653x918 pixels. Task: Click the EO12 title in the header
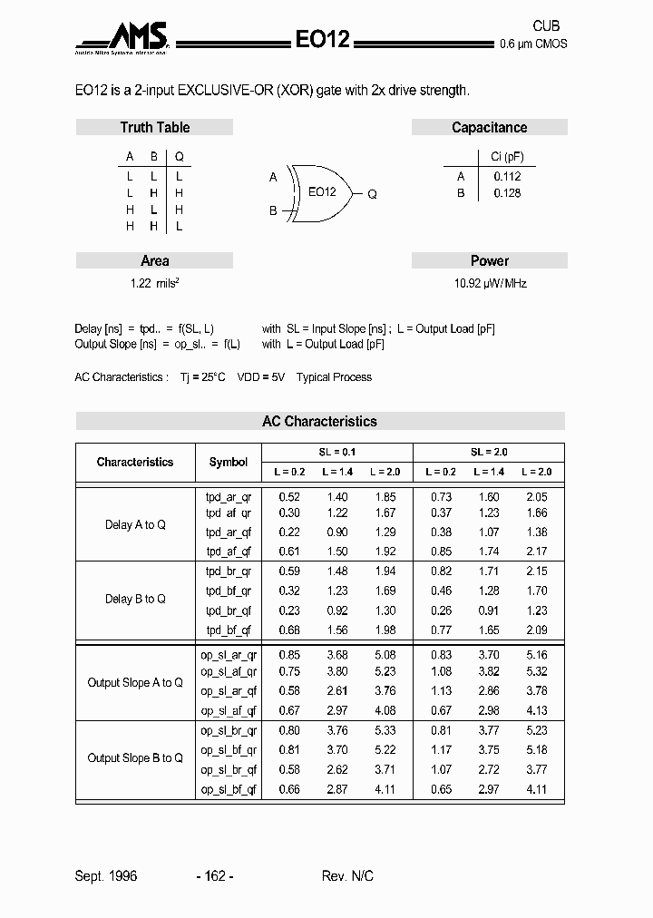322,38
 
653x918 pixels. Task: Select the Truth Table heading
155,128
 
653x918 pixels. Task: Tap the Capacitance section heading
489,128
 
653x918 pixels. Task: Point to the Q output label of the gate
372,194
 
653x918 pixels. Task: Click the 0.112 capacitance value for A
507,177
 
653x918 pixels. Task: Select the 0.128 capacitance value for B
507,193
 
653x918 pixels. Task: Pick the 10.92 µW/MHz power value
490,283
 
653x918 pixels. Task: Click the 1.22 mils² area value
154,283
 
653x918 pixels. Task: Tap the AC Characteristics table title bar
319,421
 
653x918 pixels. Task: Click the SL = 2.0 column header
489,452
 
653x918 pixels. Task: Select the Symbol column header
229,462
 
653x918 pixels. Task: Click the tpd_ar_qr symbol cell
229,497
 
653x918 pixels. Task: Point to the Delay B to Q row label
135,599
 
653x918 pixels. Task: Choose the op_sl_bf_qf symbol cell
229,790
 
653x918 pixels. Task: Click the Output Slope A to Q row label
135,682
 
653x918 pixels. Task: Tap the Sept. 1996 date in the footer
106,875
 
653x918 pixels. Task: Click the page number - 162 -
215,875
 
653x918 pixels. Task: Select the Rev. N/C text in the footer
347,875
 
